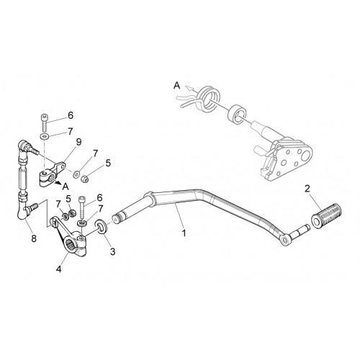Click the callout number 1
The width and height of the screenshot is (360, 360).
coord(184,233)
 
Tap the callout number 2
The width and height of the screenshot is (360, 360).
coord(307,189)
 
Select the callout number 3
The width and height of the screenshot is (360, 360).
coord(112,251)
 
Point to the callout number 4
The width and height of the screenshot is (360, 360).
coord(59,269)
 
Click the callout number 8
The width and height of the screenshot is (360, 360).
coord(34,238)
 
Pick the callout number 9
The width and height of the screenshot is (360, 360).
coord(78,142)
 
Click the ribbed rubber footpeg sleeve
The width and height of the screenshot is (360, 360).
coord(326,214)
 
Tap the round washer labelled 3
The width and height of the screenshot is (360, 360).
coord(102,226)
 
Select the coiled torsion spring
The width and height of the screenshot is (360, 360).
coord(208,99)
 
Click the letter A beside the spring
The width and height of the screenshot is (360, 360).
coord(177,86)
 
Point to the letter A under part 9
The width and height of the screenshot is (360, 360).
coord(66,186)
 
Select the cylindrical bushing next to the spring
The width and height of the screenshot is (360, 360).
coord(237,114)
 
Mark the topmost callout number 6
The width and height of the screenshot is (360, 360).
coord(71,115)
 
